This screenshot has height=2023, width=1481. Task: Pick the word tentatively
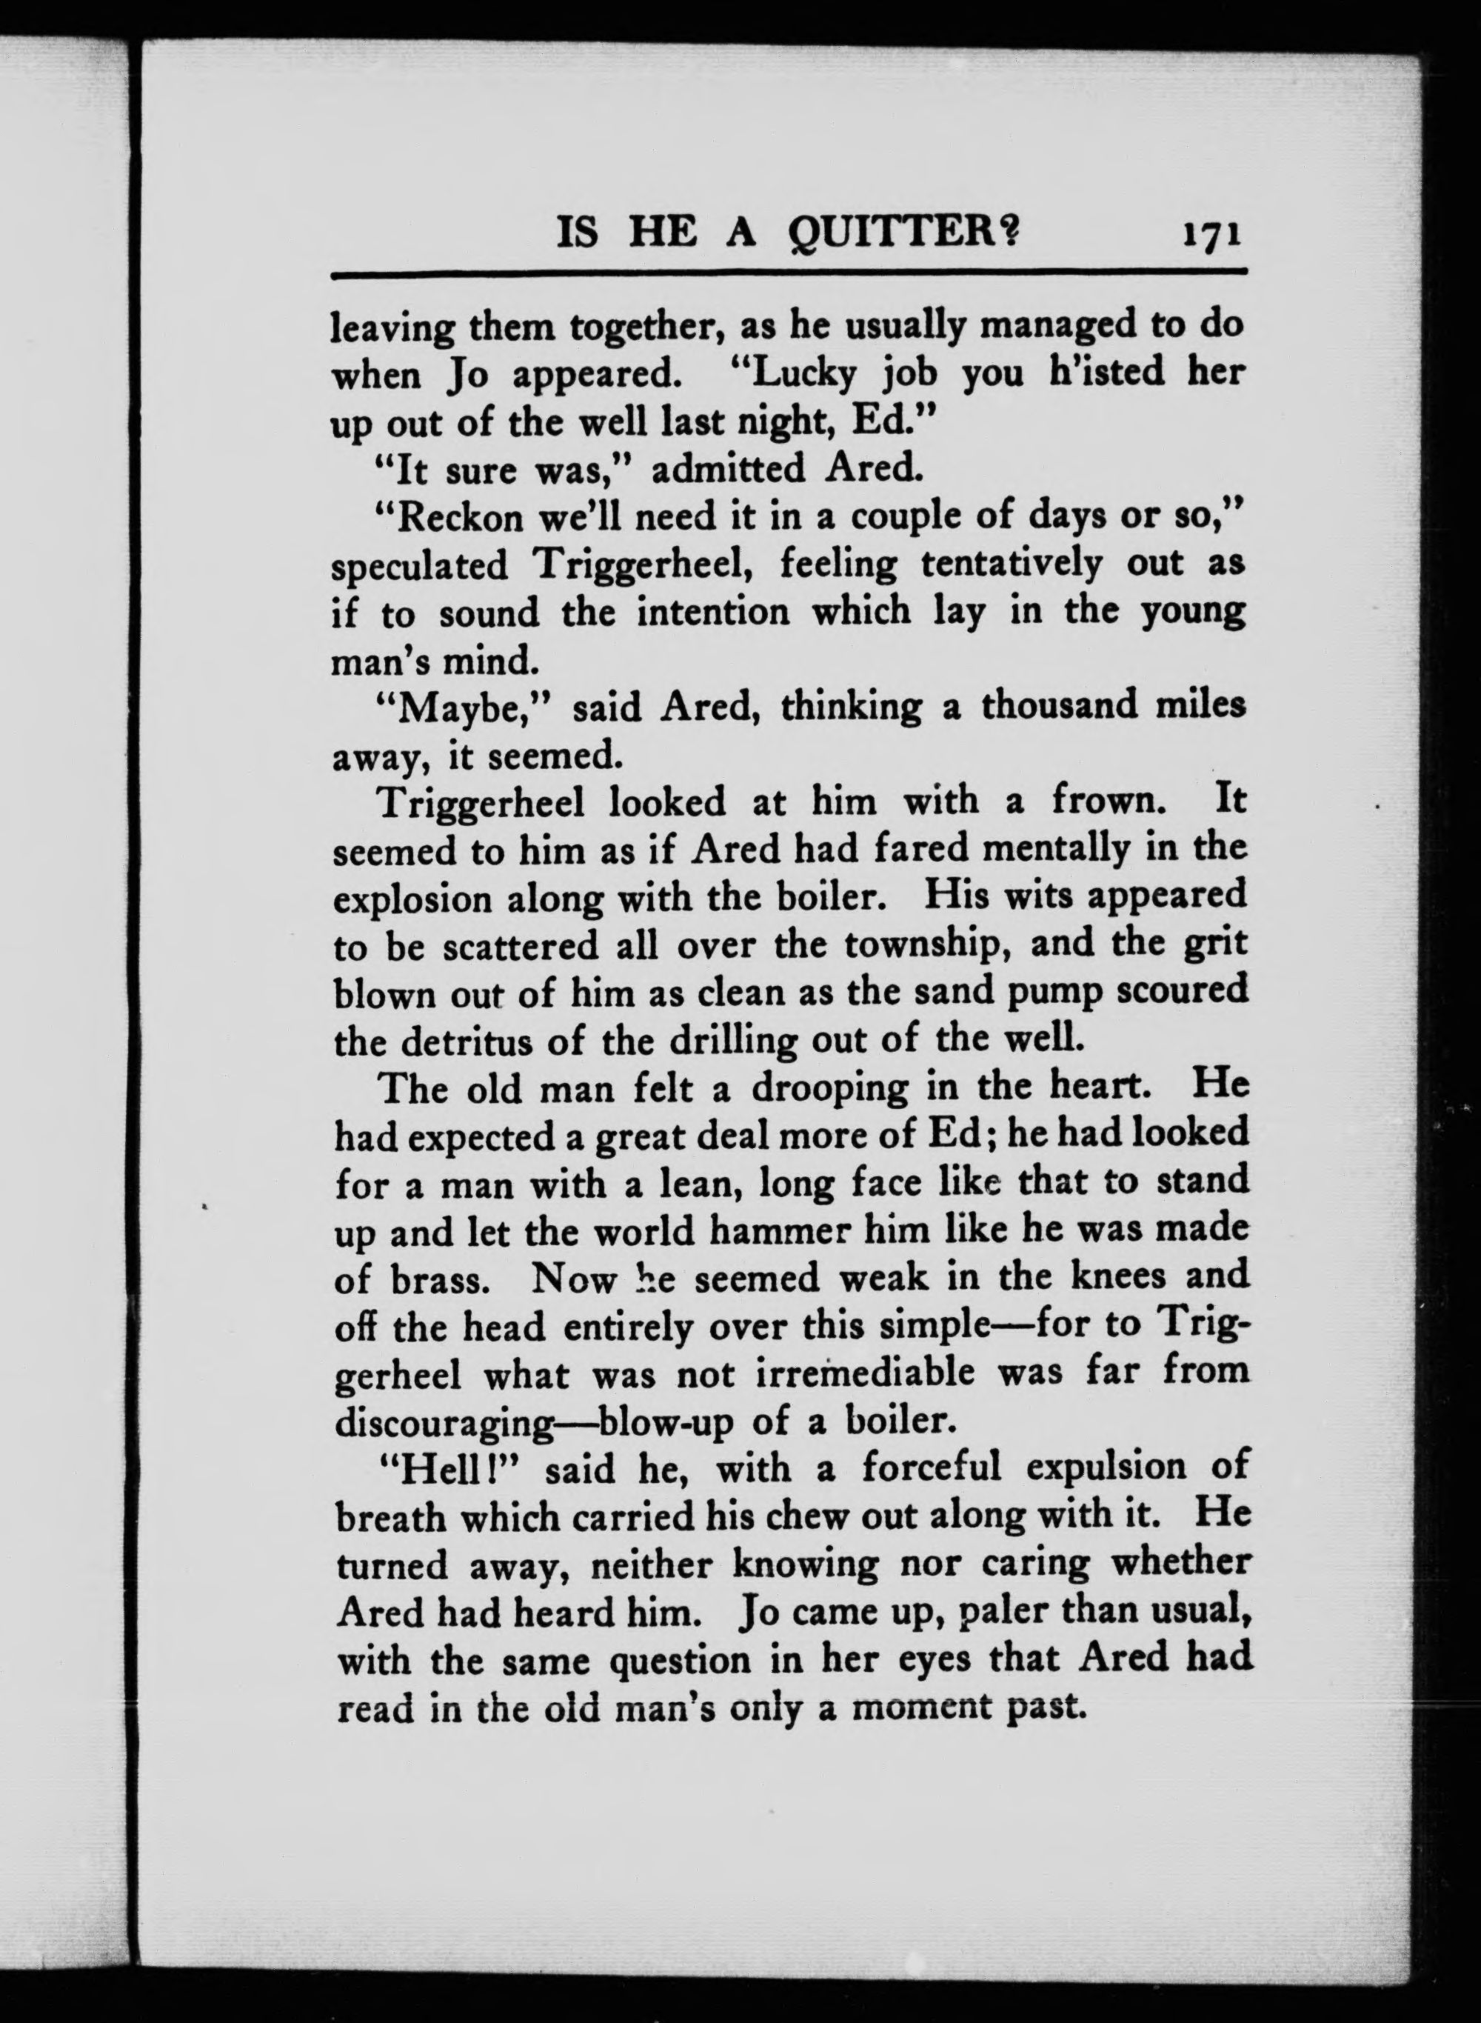[x=1012, y=565]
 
